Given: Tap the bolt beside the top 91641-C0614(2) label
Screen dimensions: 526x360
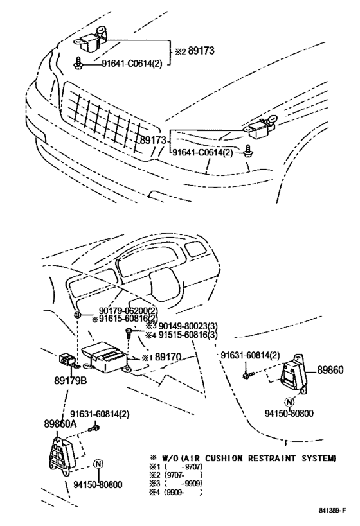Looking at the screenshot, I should (78, 63).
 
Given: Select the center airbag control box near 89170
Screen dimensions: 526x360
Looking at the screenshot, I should (106, 356).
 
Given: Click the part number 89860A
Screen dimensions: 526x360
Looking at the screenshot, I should (62, 425).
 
